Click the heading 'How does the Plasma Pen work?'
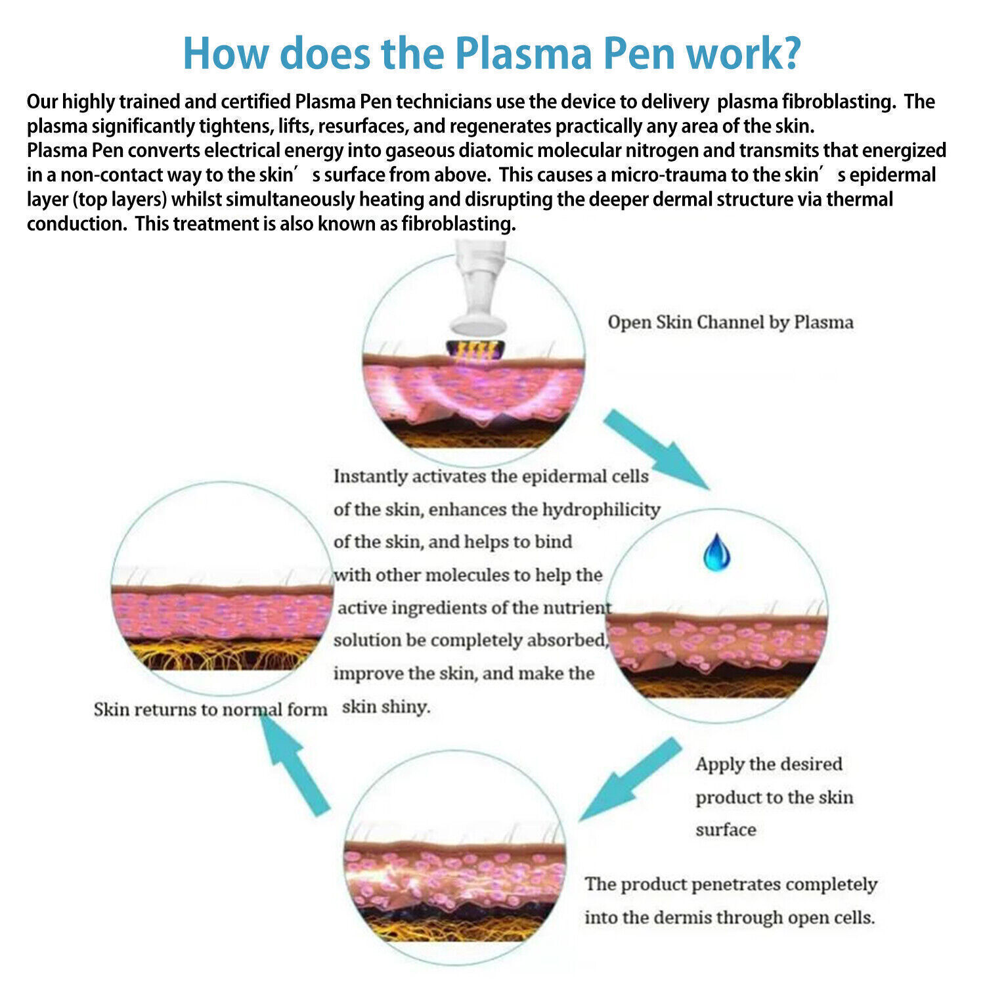[492, 53]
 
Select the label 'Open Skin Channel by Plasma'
[730, 322]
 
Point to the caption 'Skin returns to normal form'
[210, 710]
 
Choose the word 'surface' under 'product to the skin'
[726, 830]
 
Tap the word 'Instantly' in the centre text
[370, 476]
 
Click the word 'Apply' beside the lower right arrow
[719, 764]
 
